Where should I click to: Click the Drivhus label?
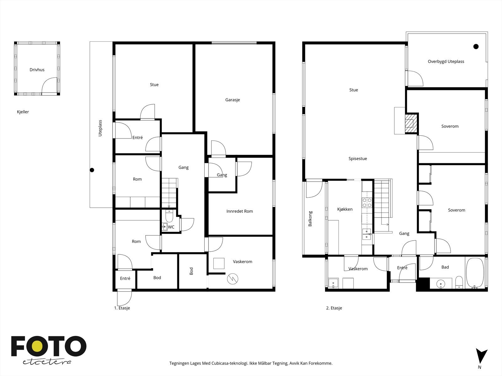click(37, 70)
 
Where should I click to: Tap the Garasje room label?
click(232, 100)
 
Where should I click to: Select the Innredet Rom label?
click(239, 211)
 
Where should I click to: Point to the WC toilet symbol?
click(169, 216)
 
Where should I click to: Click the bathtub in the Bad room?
click(475, 273)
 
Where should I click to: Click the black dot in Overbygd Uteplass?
click(476, 47)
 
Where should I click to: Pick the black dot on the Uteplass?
click(92, 170)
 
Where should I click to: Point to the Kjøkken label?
click(344, 209)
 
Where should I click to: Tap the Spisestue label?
click(358, 159)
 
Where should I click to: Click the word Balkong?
click(310, 219)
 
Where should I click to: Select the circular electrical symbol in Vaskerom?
click(232, 279)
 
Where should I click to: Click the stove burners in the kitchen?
click(366, 203)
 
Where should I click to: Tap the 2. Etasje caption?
click(334, 308)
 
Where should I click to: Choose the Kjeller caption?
click(23, 112)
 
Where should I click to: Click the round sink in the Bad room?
click(441, 284)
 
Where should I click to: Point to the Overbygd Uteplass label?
click(446, 61)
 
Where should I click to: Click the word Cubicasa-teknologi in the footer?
click(230, 363)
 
